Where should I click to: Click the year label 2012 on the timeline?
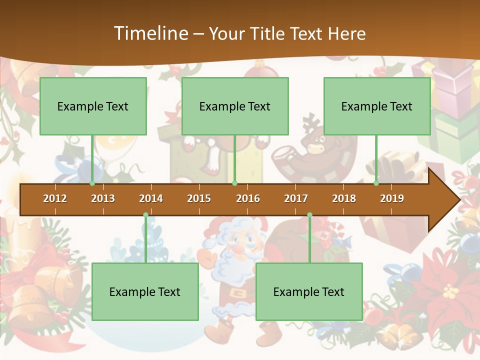coord(55,198)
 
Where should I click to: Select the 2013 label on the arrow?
coord(103,198)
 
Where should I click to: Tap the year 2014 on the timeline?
coord(151,198)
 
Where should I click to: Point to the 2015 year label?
coord(199,198)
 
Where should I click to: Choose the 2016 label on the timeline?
coord(248,198)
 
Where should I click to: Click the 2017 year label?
coord(296,198)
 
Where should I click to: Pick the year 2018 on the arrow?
coord(344,198)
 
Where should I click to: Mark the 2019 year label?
coord(392,198)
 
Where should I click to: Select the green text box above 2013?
coord(93,106)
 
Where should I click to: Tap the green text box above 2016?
coord(235,106)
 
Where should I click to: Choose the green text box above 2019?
coord(377,106)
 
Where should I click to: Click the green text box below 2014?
coord(145,291)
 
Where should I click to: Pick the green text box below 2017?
coord(309,291)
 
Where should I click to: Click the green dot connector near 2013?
coord(92,183)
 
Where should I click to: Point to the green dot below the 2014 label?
coord(145,215)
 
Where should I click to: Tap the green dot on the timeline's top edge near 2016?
coord(234,183)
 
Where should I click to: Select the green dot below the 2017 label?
coord(309,215)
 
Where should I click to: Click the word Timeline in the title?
coord(150,33)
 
